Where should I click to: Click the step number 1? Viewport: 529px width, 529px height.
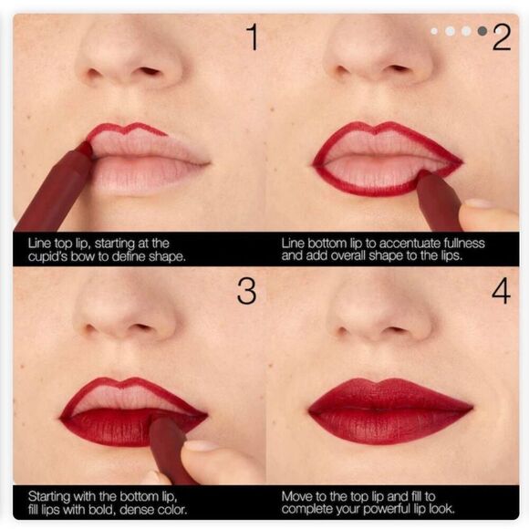click(253, 37)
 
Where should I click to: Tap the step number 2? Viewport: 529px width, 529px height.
click(501, 37)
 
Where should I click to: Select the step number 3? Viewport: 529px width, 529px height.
click(246, 290)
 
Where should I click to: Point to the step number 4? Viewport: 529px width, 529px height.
click(501, 290)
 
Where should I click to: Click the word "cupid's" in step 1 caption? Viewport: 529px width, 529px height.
click(46, 255)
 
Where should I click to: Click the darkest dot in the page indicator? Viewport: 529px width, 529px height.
click(482, 31)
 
